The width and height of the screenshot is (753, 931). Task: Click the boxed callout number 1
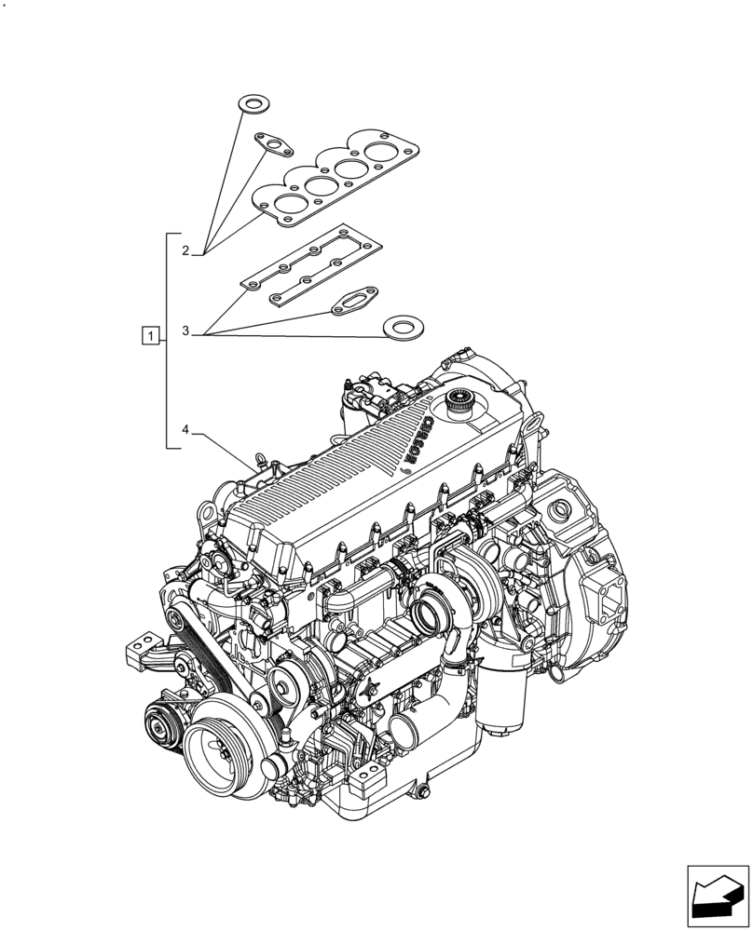(x=150, y=334)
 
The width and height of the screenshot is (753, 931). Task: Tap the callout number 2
(x=185, y=250)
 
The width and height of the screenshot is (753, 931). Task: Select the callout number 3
(x=185, y=331)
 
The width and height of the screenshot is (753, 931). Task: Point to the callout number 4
(x=185, y=430)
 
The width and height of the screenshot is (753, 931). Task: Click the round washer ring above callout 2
(x=251, y=102)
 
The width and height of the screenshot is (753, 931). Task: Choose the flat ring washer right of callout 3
(x=403, y=328)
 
